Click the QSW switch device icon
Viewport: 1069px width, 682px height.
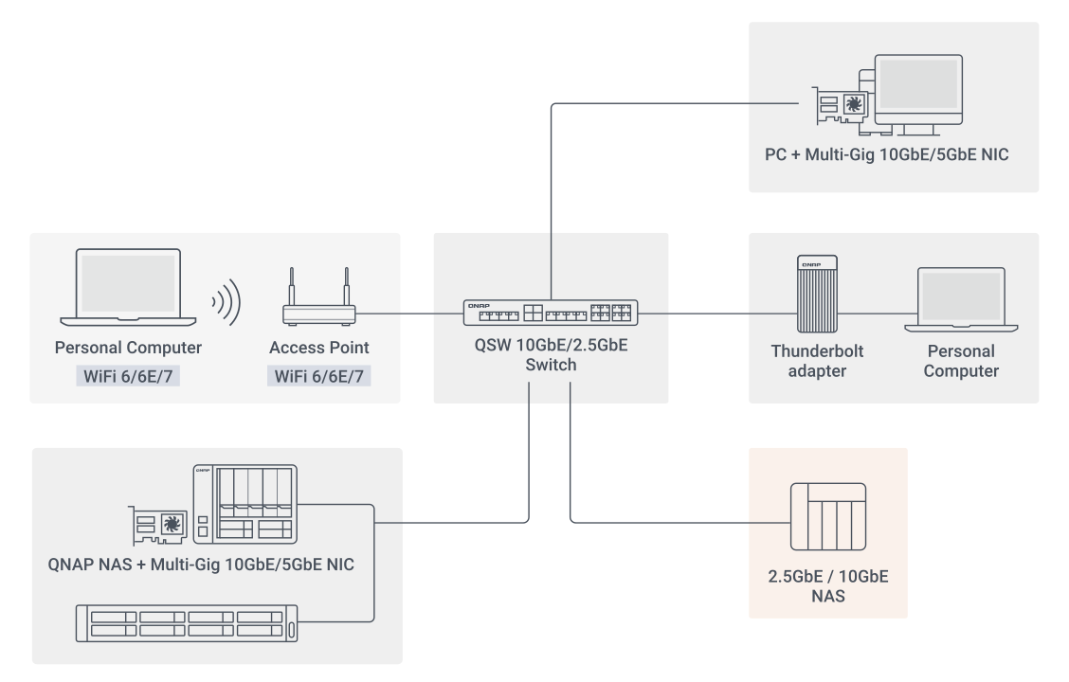pyautogui.click(x=551, y=313)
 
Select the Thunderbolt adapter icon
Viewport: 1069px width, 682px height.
pyautogui.click(x=817, y=294)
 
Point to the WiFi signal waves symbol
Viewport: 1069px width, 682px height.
pyautogui.click(x=227, y=302)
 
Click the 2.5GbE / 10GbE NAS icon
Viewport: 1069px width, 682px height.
pyautogui.click(x=828, y=516)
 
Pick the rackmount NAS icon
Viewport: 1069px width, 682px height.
pyautogui.click(x=186, y=623)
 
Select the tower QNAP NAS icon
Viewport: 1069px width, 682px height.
pyautogui.click(x=245, y=504)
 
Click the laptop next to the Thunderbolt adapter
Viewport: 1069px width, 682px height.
pyautogui.click(x=961, y=299)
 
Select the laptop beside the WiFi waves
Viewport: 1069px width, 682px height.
pyautogui.click(x=128, y=287)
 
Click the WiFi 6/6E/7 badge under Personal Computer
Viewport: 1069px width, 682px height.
pyautogui.click(x=128, y=375)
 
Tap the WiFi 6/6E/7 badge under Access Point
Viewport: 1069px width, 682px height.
pyautogui.click(x=319, y=375)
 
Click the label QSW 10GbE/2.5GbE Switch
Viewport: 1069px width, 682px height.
pyautogui.click(x=551, y=355)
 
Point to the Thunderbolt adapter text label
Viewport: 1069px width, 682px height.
pyautogui.click(x=817, y=361)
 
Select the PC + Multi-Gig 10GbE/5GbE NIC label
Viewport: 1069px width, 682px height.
pyautogui.click(x=886, y=154)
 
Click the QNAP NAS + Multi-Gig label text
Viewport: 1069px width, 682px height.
pyautogui.click(x=201, y=565)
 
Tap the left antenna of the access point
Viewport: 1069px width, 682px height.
pyautogui.click(x=292, y=286)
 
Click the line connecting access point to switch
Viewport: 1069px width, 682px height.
pyautogui.click(x=409, y=314)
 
